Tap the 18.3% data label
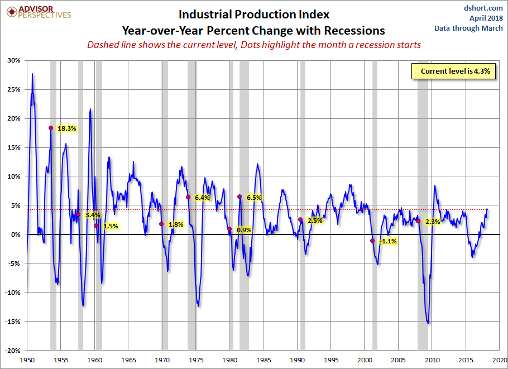tap(66, 128)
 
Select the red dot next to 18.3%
tap(51, 128)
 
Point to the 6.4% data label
tap(202, 198)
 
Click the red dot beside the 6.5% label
tap(239, 197)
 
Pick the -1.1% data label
tap(388, 241)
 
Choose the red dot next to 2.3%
tap(418, 221)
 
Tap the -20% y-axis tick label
tap(14, 351)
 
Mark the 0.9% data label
tap(244, 229)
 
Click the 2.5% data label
tap(315, 221)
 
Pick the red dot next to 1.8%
tap(161, 224)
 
